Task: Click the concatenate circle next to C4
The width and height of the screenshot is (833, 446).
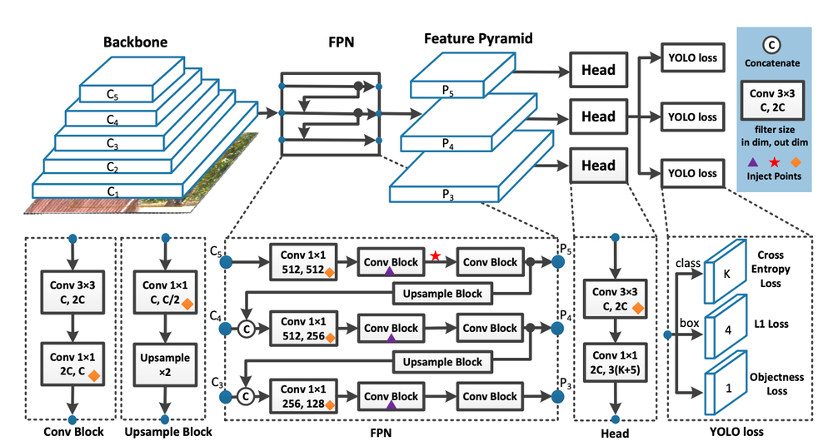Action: click(x=246, y=329)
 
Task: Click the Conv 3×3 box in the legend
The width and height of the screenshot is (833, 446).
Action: click(x=772, y=102)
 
